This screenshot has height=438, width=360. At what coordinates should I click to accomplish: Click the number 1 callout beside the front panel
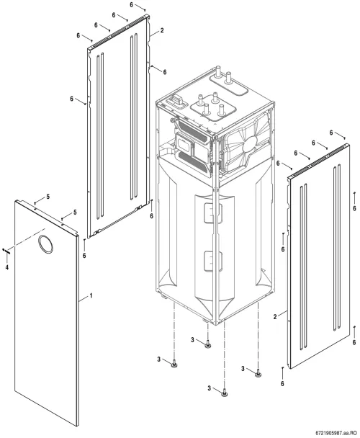point(91,295)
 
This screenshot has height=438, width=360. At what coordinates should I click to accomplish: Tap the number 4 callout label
point(7,267)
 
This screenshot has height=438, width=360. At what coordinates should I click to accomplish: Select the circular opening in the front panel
point(45,244)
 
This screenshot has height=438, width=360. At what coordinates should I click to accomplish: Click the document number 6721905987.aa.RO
point(336,433)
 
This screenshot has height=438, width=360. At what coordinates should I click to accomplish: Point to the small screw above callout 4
point(6,251)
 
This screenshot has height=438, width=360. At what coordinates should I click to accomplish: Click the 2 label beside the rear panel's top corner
point(162,30)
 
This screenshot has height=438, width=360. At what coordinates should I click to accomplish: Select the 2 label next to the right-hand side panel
point(275,317)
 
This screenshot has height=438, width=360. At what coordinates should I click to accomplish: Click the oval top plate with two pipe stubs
point(229,84)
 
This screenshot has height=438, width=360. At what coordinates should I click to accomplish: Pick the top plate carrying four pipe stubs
point(213,108)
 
